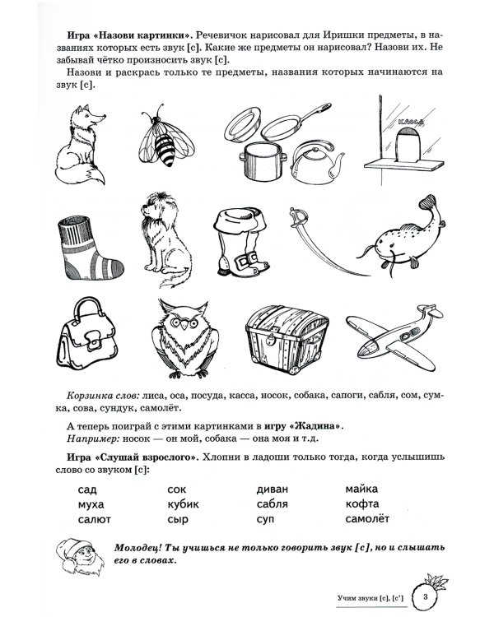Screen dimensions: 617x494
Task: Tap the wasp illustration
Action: pos(170,139)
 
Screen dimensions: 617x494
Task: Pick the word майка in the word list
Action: pos(362,489)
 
